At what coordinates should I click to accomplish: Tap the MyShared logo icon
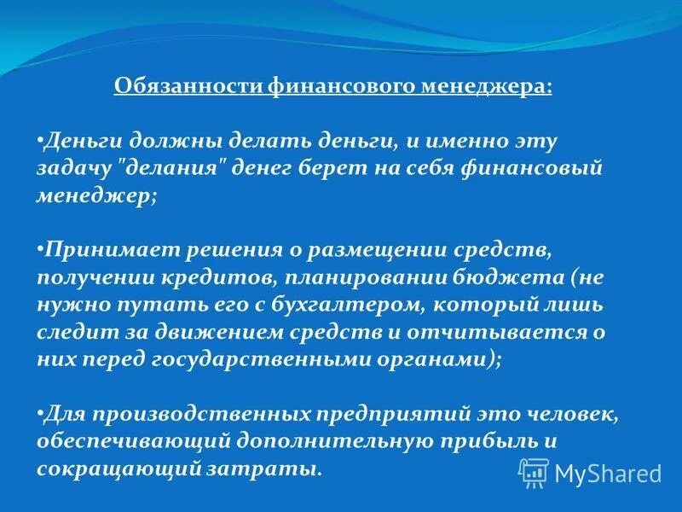[x=533, y=472]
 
